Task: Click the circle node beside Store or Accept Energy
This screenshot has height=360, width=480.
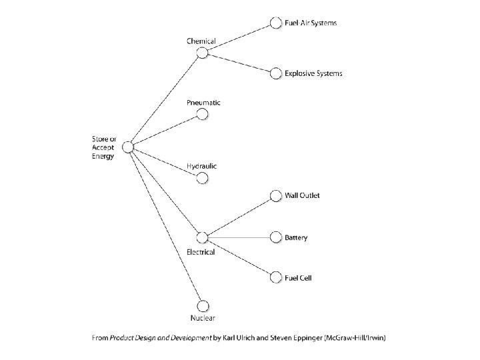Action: click(128, 147)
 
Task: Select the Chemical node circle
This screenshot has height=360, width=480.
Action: click(203, 54)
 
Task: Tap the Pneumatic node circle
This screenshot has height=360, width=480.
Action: click(203, 115)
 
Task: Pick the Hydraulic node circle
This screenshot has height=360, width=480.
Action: click(203, 177)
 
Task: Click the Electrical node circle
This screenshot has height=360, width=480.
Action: click(203, 237)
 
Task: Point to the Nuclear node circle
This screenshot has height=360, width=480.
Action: click(203, 305)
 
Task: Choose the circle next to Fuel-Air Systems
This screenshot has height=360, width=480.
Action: click(275, 23)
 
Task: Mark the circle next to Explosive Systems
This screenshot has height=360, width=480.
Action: click(275, 73)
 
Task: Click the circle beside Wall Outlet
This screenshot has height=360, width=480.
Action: click(275, 195)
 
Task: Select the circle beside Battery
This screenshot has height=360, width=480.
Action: click(275, 237)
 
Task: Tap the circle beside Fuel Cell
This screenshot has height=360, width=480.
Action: click(275, 277)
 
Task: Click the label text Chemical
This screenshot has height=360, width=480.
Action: click(201, 41)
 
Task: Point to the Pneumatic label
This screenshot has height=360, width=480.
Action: click(203, 103)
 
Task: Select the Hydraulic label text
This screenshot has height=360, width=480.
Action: click(202, 165)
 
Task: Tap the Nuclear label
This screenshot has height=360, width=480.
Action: click(203, 318)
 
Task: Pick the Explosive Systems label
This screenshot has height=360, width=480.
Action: click(313, 73)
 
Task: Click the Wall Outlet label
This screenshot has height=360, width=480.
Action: click(302, 195)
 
